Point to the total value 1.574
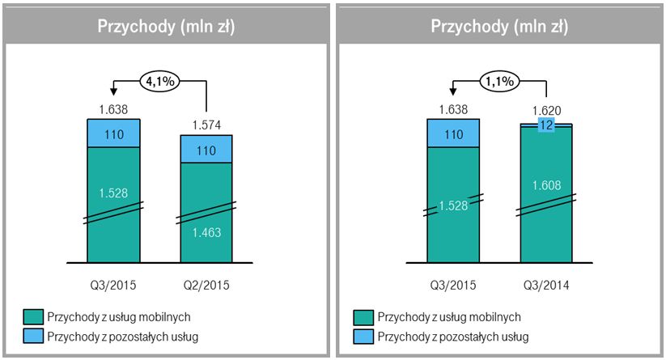point(206,125)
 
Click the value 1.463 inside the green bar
point(206,233)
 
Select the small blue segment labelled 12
point(547,125)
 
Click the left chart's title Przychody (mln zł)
point(166,26)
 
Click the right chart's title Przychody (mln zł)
point(499,26)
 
